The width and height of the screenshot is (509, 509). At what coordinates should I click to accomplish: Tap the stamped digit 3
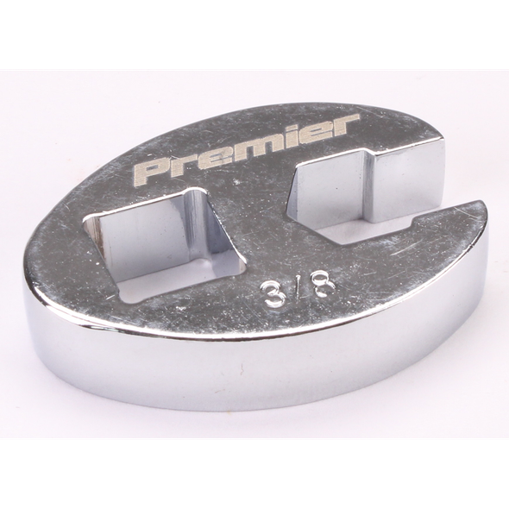(272, 295)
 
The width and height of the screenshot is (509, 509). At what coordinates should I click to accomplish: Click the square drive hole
(162, 245)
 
